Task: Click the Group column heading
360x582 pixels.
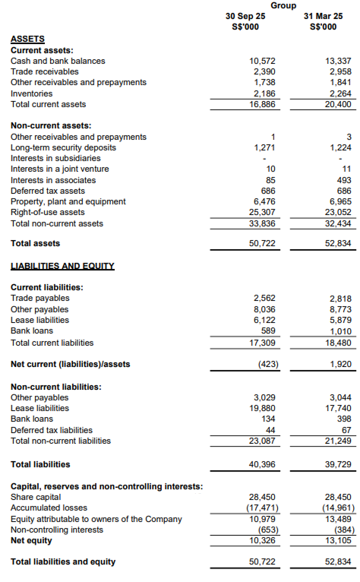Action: tap(283, 5)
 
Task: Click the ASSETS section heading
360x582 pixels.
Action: tap(27, 39)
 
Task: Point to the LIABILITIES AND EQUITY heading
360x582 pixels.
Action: tap(62, 266)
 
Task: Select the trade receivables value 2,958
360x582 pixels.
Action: tap(340, 71)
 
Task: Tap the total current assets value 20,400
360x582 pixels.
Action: tap(338, 104)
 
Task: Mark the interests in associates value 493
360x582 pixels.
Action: tap(344, 180)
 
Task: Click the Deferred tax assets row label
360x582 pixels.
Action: tap(48, 191)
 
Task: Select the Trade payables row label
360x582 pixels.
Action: tap(39, 299)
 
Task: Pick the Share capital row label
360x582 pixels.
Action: tap(36, 497)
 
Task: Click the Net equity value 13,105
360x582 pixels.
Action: tap(338, 540)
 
